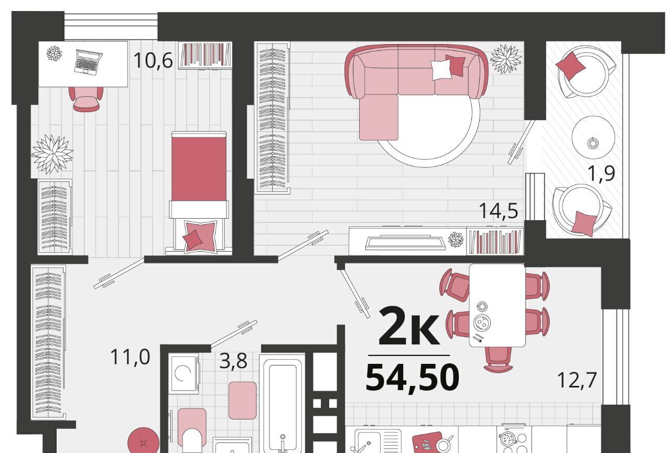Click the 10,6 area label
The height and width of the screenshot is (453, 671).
153,60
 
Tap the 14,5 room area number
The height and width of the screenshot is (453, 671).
499,211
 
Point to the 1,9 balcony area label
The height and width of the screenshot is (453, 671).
601,173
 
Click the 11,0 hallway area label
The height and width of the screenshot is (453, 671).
130,357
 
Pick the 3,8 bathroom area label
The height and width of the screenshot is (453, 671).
233,361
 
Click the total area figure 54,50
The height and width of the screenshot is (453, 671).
412,377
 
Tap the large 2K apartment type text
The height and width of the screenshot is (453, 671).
409,326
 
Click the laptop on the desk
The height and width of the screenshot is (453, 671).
88,62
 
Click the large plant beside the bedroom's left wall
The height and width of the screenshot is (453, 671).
52,154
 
